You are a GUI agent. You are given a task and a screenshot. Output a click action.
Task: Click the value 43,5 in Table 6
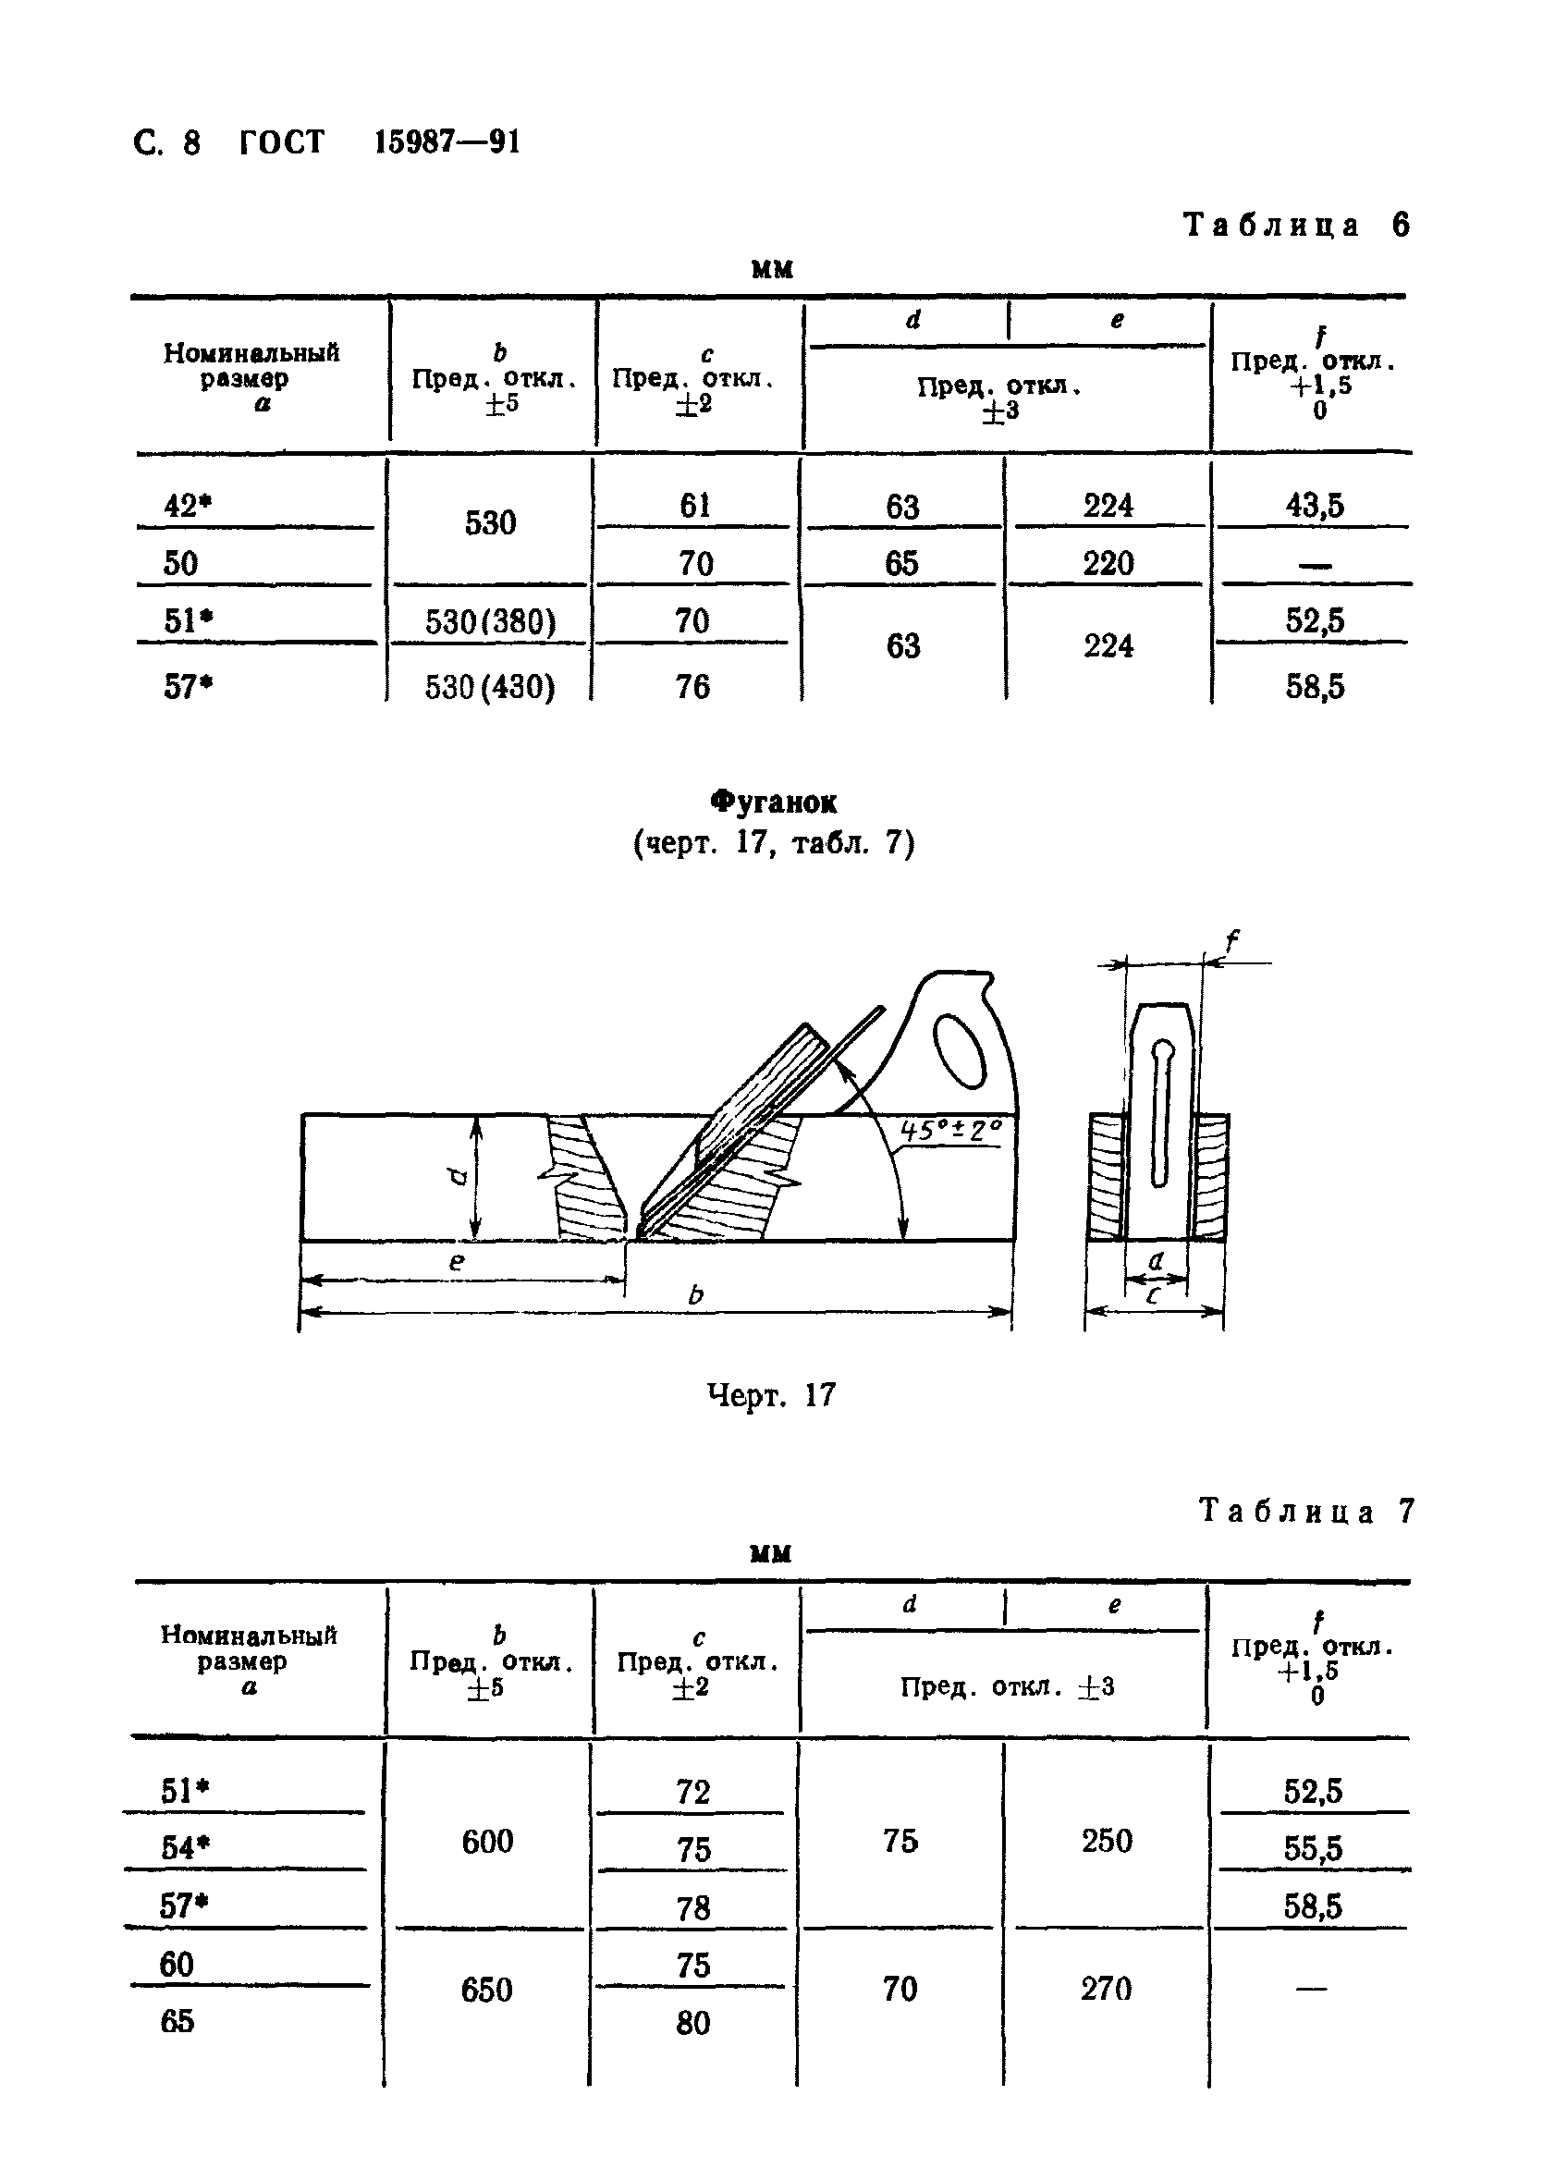1314,505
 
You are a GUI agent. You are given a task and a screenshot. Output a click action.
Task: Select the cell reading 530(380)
491,622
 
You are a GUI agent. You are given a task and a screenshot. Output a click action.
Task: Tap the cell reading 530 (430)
490,687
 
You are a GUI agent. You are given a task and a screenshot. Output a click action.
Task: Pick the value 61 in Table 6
694,505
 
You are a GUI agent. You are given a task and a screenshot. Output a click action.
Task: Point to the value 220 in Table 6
1108,563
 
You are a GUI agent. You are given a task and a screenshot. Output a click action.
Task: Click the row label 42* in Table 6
187,505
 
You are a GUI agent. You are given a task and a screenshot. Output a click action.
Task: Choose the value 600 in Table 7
488,1841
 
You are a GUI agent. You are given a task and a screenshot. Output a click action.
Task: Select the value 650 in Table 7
487,1990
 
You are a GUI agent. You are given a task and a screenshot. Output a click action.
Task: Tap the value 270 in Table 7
1107,1990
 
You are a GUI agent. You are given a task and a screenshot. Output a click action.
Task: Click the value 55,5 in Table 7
1313,1848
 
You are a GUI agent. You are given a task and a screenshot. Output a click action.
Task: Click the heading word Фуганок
774,802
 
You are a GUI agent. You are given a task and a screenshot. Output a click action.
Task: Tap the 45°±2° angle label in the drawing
950,1131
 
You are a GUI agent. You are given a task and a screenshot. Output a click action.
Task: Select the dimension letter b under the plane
696,1295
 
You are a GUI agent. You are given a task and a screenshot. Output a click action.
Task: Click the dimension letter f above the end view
1231,943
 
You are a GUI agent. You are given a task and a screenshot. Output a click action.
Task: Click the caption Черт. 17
771,1395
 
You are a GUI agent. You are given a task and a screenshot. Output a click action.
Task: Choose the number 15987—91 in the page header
447,142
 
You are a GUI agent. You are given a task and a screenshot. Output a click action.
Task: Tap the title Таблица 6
1296,226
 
